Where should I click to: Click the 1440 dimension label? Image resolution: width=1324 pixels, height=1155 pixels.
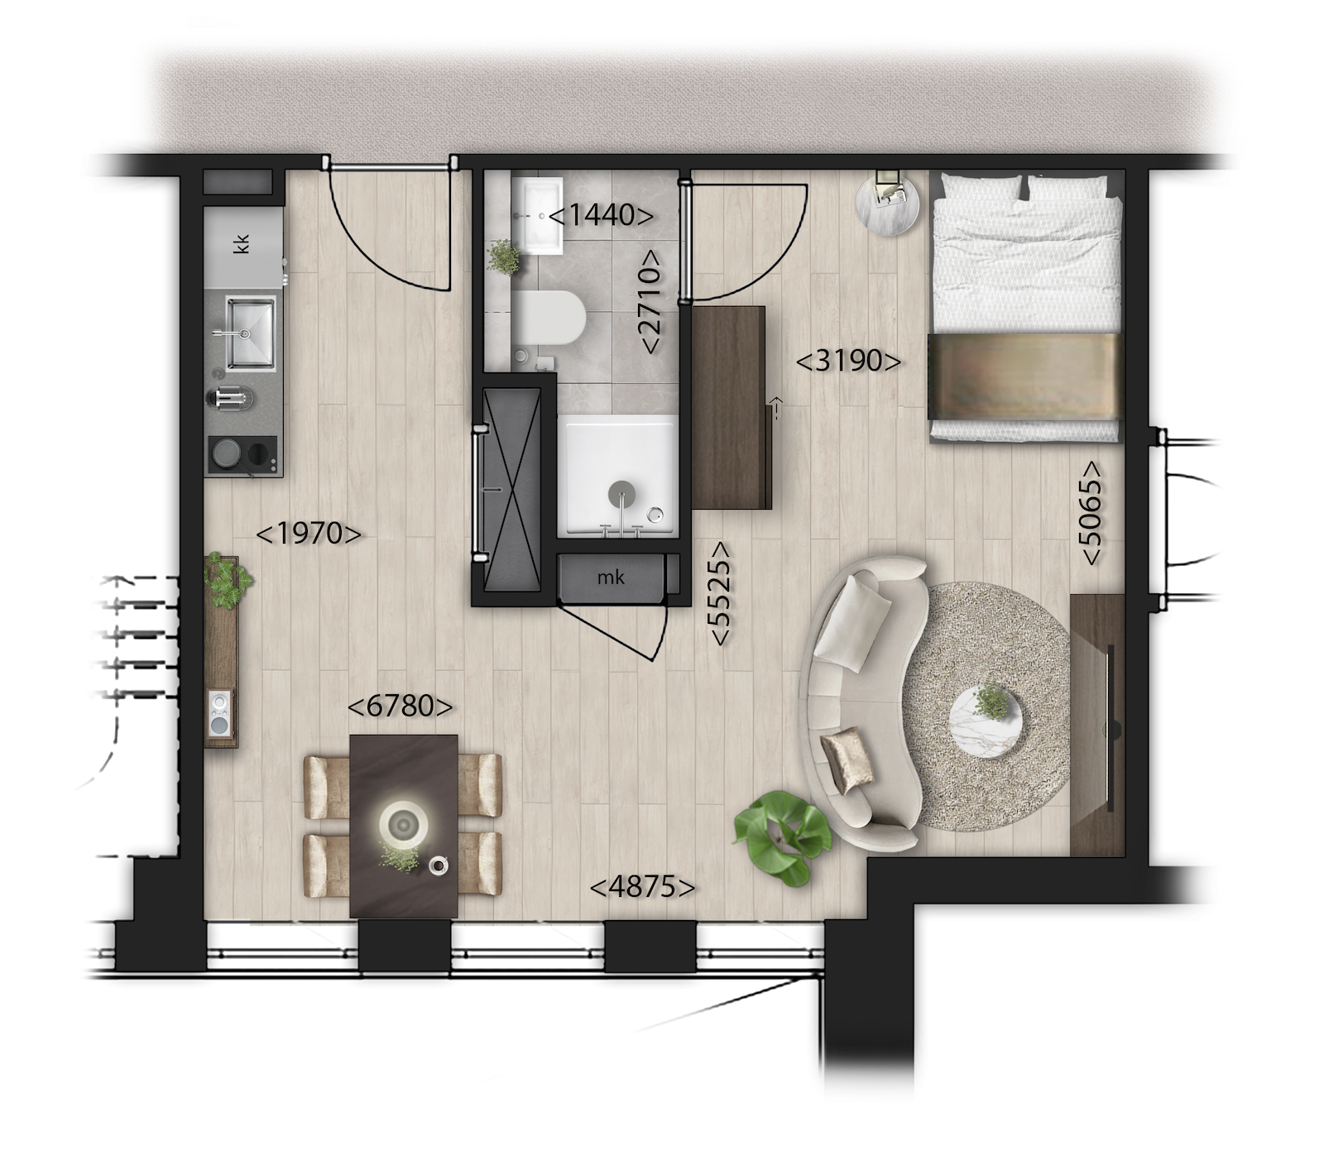tap(601, 215)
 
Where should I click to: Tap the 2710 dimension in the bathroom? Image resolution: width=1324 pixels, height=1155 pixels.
tap(650, 302)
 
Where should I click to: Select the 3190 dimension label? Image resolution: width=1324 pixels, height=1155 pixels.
tap(848, 361)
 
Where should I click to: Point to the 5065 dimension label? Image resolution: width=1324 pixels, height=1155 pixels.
tap(1091, 513)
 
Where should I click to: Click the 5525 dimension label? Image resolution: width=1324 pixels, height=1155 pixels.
tap(720, 593)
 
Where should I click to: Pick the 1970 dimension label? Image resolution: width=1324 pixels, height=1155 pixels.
tap(309, 534)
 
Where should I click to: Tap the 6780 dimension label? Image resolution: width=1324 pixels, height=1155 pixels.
tap(401, 707)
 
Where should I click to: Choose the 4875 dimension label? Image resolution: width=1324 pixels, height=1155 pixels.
tap(642, 887)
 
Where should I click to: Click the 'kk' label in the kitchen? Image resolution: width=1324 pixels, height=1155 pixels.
tap(242, 244)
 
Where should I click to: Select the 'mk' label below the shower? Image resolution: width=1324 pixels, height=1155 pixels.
tap(611, 577)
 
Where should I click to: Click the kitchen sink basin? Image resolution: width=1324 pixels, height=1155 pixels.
tap(250, 333)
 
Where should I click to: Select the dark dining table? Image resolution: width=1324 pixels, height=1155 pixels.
tap(404, 826)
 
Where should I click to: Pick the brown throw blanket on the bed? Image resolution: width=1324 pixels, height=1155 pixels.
tap(1024, 376)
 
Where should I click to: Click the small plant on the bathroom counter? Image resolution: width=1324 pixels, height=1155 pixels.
tap(503, 257)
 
